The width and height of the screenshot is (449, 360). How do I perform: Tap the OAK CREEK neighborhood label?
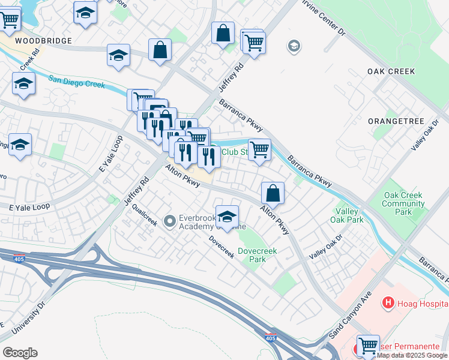(x=391, y=71)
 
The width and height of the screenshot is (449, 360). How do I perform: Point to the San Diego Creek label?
(x=77, y=81)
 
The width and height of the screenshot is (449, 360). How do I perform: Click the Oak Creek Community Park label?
(x=403, y=203)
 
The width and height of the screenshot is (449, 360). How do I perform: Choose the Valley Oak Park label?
(x=346, y=215)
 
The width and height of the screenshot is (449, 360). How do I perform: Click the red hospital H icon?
(x=388, y=304)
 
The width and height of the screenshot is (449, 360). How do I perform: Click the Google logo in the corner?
(x=20, y=353)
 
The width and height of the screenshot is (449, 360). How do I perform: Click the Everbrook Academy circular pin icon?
(x=169, y=221)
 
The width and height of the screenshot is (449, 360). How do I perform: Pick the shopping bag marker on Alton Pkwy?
(x=273, y=193)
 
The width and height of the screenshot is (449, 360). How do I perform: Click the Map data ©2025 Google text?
(x=412, y=355)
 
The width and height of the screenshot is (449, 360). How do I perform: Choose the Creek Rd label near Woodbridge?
(x=28, y=62)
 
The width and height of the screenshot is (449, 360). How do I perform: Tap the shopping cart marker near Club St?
(x=259, y=149)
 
